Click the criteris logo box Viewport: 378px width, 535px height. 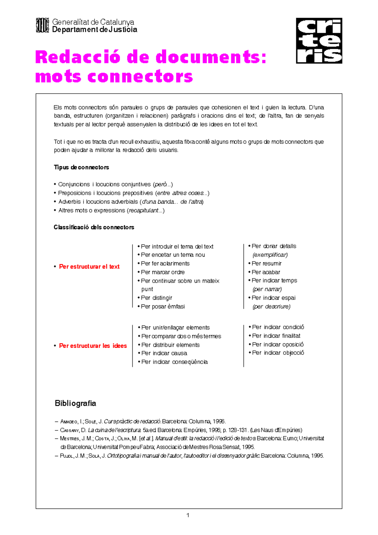[x=319, y=41]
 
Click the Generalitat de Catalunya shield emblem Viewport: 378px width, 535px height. [x=42, y=25]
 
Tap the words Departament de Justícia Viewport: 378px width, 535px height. [x=94, y=30]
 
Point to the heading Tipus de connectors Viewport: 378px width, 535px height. [x=81, y=167]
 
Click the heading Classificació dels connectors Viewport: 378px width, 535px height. [x=94, y=227]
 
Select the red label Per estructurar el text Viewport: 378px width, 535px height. [x=89, y=267]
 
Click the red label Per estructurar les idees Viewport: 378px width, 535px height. [x=93, y=346]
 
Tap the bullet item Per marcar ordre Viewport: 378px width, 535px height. [x=163, y=272]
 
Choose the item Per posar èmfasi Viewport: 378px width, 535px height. [x=163, y=306]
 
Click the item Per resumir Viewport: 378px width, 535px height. [x=266, y=263]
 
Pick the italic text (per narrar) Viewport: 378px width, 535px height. [x=267, y=289]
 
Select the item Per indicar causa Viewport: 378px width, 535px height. [x=164, y=353]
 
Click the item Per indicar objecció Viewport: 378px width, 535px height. [x=278, y=353]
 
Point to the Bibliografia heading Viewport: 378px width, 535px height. [x=75, y=403]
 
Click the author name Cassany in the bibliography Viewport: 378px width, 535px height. [x=69, y=430]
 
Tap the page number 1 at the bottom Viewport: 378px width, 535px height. [x=188, y=515]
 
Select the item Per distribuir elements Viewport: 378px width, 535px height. [x=170, y=345]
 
